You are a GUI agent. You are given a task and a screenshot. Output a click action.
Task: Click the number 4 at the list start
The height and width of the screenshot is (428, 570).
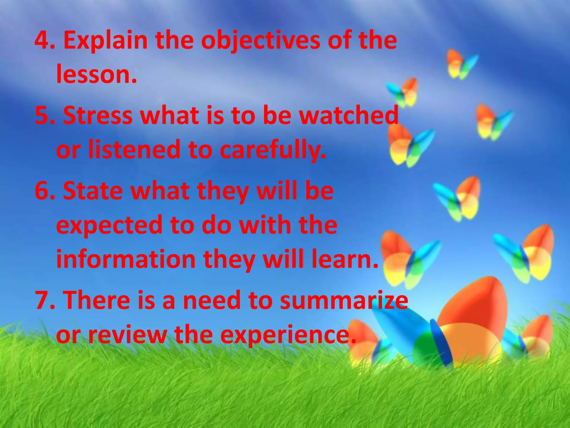pyautogui.click(x=42, y=40)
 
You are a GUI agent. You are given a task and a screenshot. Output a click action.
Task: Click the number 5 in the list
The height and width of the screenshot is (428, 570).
pyautogui.click(x=42, y=115)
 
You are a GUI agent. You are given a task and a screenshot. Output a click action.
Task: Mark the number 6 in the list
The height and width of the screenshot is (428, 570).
pyautogui.click(x=42, y=191)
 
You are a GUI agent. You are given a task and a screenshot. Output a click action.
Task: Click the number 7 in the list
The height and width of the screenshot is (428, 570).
pyautogui.click(x=42, y=300)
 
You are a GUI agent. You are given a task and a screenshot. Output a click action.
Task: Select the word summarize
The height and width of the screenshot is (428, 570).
pyautogui.click(x=344, y=300)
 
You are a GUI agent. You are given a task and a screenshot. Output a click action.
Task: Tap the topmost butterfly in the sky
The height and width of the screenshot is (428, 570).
pyautogui.click(x=461, y=64)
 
